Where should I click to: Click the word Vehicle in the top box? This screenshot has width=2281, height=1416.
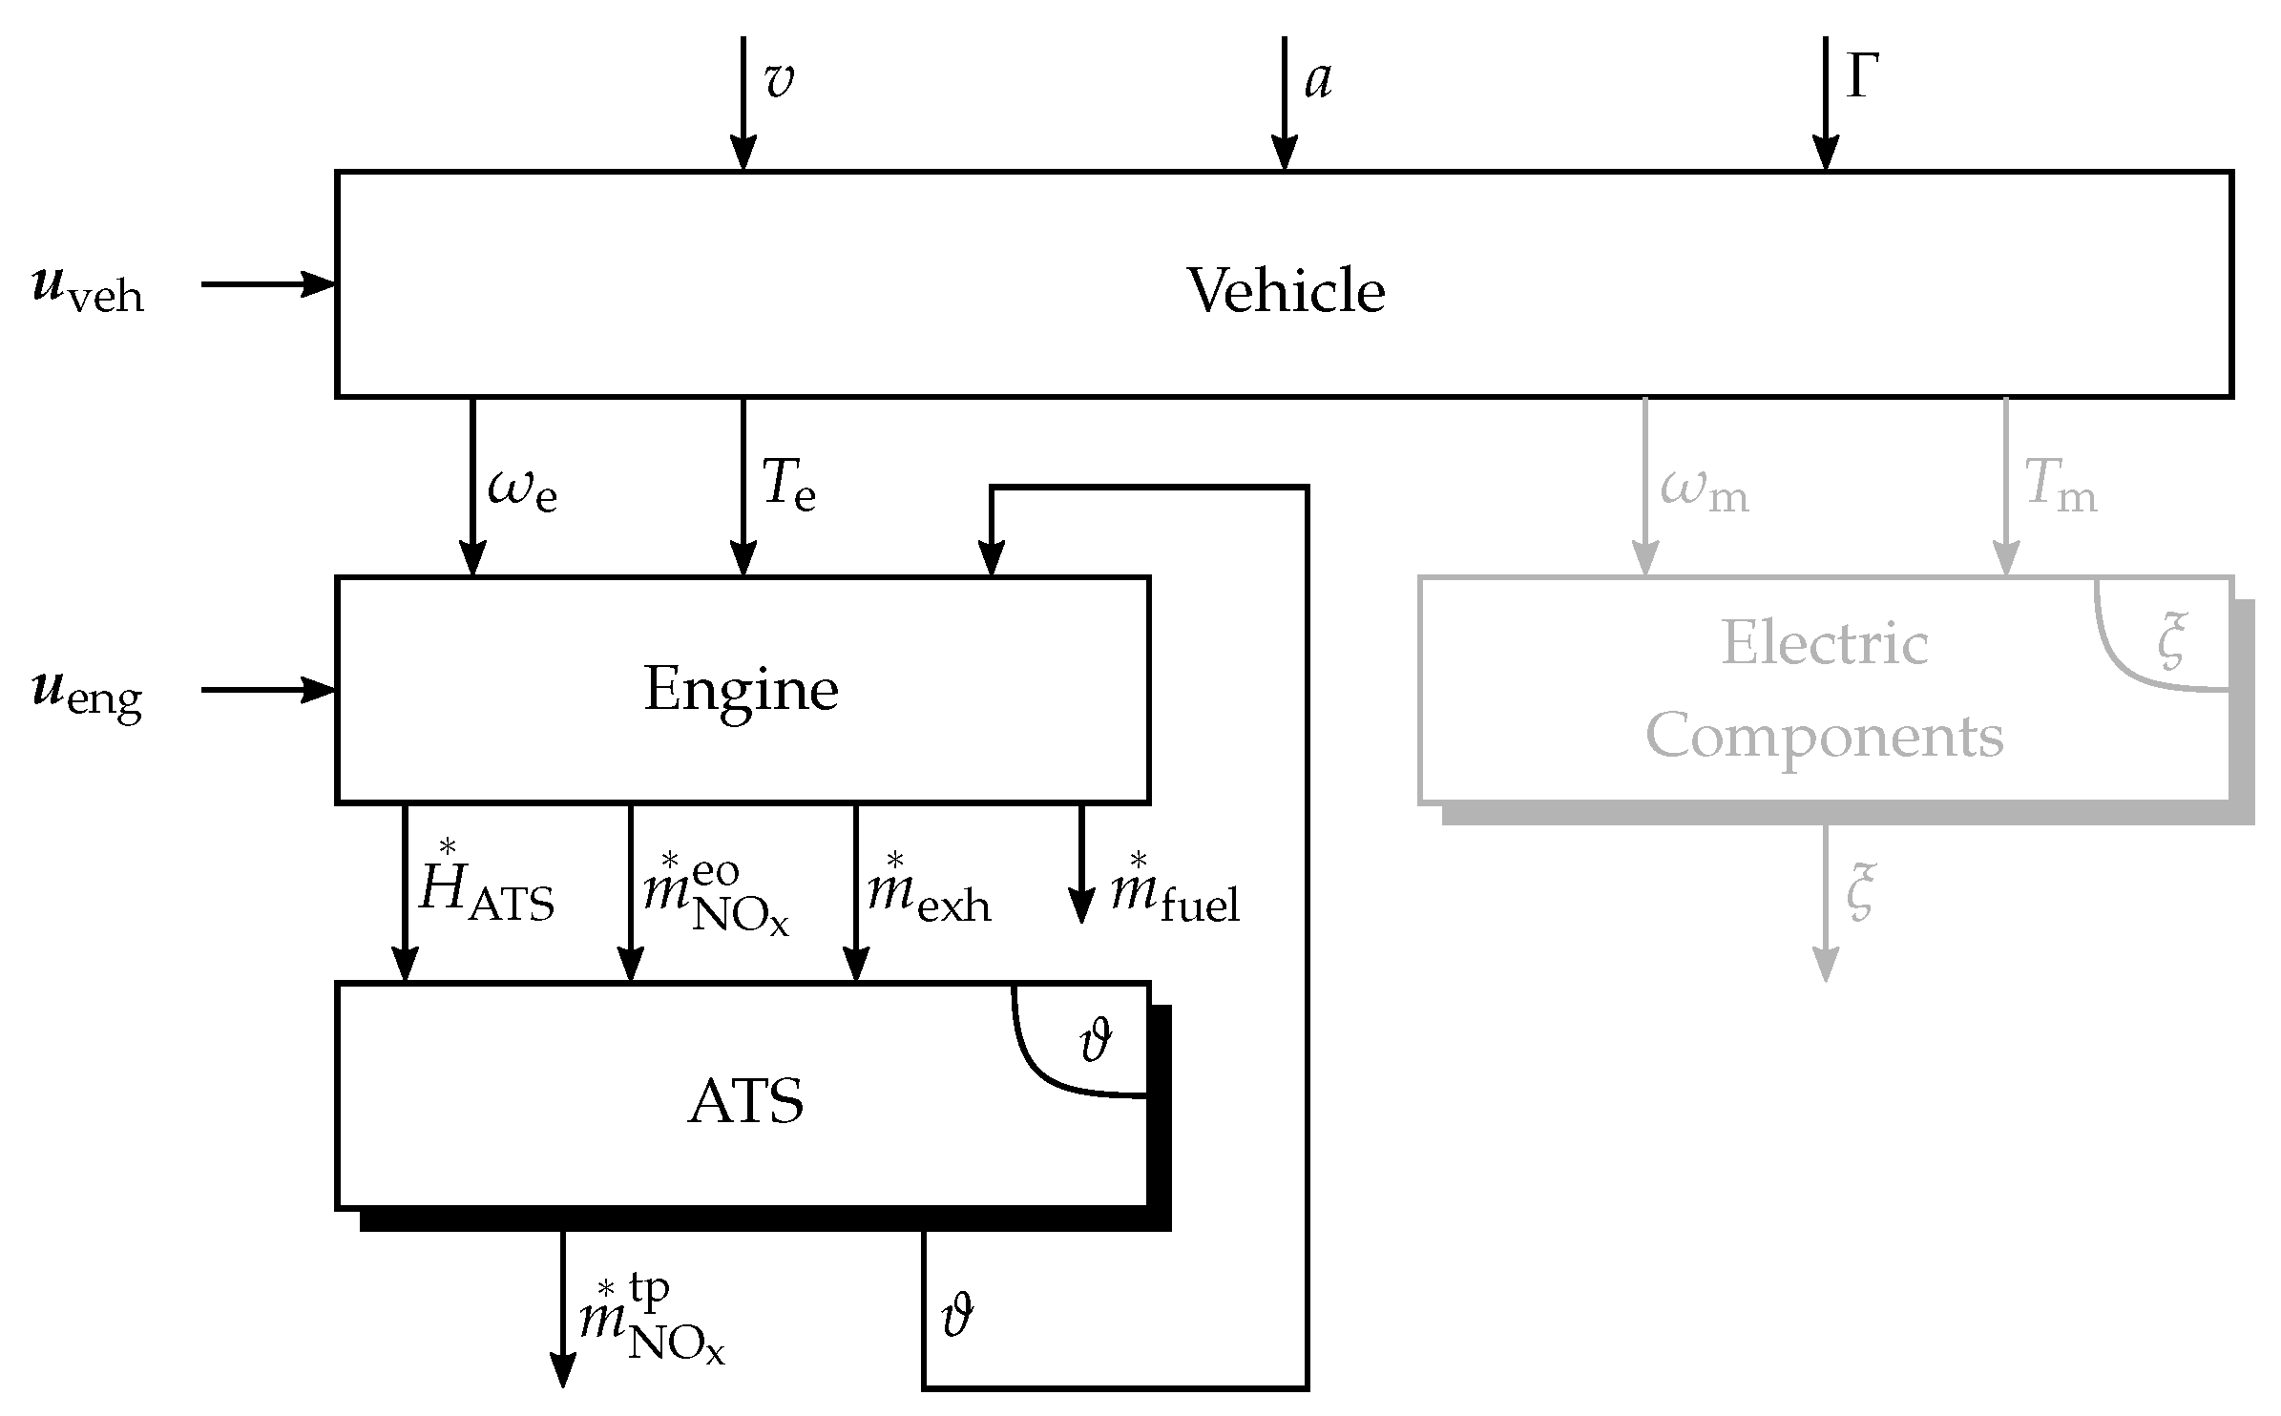pyautogui.click(x=1285, y=290)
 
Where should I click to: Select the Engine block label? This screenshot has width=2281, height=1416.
pyautogui.click(x=741, y=689)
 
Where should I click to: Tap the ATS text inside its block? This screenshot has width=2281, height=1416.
pyautogui.click(x=745, y=1102)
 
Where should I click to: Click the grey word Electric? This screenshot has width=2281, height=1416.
pyautogui.click(x=1824, y=643)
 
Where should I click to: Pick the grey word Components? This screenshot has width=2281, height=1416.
pyautogui.click(x=1824, y=737)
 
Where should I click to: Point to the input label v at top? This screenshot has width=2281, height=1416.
pyautogui.click(x=779, y=80)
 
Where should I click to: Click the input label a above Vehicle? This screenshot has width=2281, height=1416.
pyautogui.click(x=1318, y=80)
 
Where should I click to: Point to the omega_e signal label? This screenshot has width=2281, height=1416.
pyautogui.click(x=522, y=491)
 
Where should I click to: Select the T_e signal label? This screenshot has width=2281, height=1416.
pyautogui.click(x=788, y=487)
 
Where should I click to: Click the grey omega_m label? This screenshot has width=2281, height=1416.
pyautogui.click(x=1705, y=491)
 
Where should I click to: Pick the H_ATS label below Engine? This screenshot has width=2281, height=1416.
pyautogui.click(x=486, y=891)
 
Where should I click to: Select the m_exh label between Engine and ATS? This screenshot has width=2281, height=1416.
pyautogui.click(x=928, y=895)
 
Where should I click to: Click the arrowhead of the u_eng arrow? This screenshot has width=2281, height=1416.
pyautogui.click(x=322, y=689)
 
